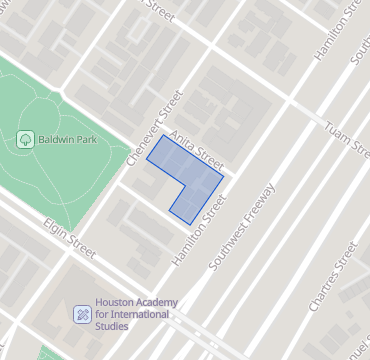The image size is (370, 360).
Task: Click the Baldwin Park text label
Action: pos(67,138)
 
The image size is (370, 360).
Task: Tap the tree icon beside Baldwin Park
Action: pos(25,139)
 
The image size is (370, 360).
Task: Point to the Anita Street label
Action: pos(196,147)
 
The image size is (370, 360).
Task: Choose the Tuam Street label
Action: pos(345,138)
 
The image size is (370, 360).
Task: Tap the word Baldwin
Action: pos(56,138)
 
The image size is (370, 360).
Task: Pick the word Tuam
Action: pos(334,132)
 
